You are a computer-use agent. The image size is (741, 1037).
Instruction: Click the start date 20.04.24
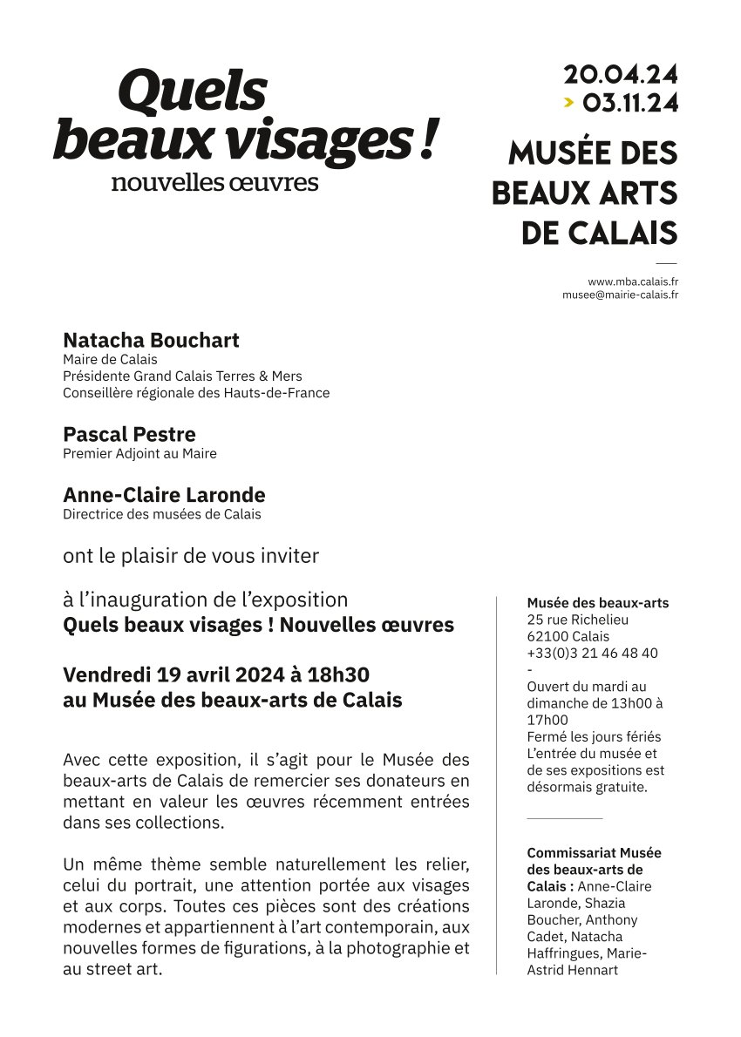[x=620, y=75]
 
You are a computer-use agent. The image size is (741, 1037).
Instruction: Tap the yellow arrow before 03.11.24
[x=568, y=103]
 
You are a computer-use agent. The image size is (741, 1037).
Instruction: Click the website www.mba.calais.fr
[x=634, y=281]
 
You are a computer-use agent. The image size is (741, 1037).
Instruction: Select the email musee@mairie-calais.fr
[x=621, y=295]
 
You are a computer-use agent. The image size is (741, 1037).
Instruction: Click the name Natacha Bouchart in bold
[x=151, y=340]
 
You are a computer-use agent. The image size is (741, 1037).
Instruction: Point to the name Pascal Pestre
[x=129, y=434]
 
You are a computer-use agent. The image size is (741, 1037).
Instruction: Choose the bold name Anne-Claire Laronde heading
[x=164, y=495]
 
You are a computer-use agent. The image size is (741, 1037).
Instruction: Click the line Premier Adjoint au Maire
[x=139, y=453]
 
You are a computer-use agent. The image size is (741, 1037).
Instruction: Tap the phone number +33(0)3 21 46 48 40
[x=592, y=653]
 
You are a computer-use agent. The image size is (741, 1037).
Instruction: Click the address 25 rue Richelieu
[x=577, y=620]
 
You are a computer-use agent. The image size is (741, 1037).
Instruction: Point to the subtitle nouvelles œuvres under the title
[x=214, y=183]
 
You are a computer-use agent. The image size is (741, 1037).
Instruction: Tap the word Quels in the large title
[x=192, y=92]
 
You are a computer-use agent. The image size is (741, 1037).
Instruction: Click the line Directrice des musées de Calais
[x=161, y=514]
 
